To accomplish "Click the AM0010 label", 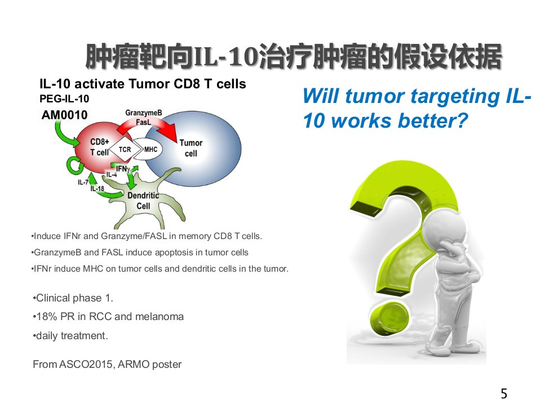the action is point(64,115).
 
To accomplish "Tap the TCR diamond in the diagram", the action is point(125,150).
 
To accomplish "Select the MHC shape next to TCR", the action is point(149,149).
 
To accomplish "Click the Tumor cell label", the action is point(191,148).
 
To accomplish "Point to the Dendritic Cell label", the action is point(143,201).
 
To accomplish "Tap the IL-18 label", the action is point(97,188).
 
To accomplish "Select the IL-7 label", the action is point(83,182).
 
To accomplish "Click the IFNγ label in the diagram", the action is point(123,169).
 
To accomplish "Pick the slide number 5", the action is point(504,393).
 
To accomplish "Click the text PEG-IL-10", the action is point(64,99).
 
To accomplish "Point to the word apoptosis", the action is point(174,253).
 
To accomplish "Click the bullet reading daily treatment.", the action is point(70,335).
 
